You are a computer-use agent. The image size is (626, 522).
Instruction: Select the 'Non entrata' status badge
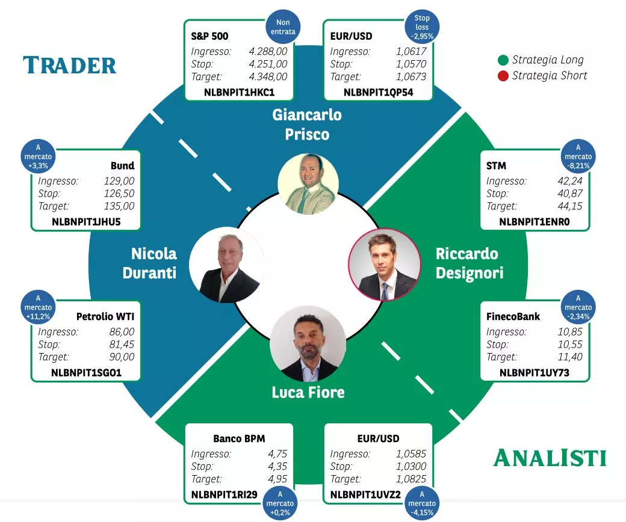(283, 26)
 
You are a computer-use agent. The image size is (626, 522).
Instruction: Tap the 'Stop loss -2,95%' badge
(422, 27)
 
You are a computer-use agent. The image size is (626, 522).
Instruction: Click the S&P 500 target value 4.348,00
(268, 76)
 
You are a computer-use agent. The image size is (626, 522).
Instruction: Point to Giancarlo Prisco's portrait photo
(308, 183)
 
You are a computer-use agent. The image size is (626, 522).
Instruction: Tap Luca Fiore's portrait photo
(308, 343)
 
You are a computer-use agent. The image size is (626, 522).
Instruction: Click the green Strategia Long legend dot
(503, 60)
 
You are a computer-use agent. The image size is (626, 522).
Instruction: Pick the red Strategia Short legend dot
(503, 76)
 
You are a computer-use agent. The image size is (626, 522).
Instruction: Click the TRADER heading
(69, 66)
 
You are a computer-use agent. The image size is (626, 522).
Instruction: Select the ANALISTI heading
(550, 458)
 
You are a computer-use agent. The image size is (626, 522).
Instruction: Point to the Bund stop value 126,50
(119, 194)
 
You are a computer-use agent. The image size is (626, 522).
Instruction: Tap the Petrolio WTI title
(105, 316)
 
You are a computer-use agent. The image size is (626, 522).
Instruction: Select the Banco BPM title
(239, 439)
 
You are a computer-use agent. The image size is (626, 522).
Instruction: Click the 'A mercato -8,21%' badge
(578, 156)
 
